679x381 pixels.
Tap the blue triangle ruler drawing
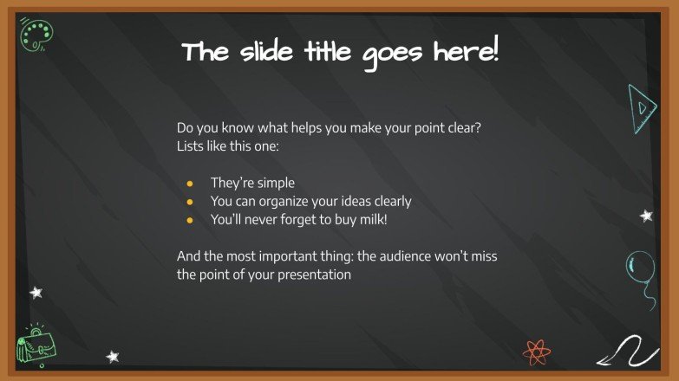(643, 109)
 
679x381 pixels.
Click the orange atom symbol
(536, 351)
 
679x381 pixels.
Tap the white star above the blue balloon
(646, 216)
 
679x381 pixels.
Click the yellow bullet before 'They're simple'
(190, 183)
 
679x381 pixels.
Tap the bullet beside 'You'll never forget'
(190, 220)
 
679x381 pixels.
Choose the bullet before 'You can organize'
(190, 202)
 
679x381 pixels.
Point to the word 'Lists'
(192, 145)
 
